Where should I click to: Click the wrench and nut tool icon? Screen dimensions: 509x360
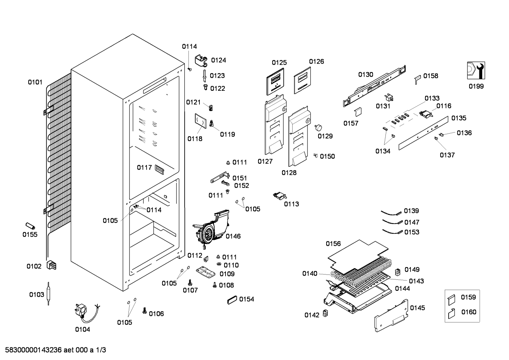476,71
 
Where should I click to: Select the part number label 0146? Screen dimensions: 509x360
233,236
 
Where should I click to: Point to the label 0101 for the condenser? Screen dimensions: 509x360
35,82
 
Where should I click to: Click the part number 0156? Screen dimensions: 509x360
333,244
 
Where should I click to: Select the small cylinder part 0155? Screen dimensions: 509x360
30,226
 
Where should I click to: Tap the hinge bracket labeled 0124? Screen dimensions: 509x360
201,61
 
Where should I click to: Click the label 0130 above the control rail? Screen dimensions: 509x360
366,75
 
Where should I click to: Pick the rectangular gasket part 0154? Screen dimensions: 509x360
232,300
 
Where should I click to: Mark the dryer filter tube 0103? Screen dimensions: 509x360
48,294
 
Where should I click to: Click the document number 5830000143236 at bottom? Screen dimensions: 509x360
34,350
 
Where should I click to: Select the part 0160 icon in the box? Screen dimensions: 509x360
452,314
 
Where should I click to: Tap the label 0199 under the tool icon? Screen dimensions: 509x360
476,87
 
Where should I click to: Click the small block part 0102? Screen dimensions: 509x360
51,265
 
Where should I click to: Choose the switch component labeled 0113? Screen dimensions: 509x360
280,196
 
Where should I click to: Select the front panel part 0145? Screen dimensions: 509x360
391,315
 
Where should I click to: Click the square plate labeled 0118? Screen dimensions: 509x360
200,121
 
